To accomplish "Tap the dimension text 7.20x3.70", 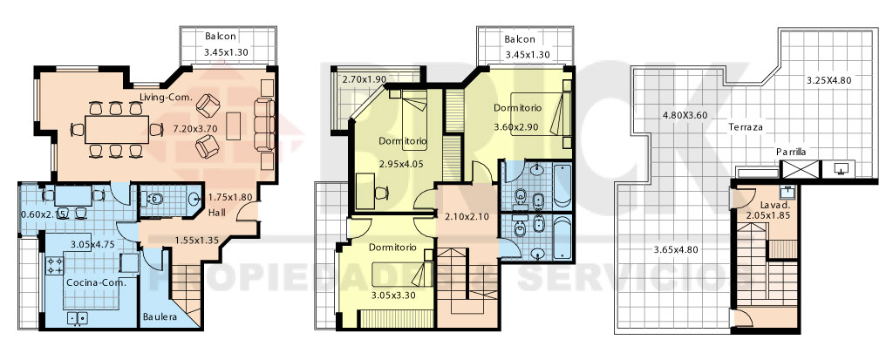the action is pyautogui.click(x=194, y=129).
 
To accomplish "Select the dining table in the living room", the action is pyautogui.click(x=117, y=129).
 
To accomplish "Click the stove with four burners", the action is pyautogui.click(x=55, y=264).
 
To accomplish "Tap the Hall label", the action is pyautogui.click(x=216, y=213).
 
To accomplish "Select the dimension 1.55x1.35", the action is pyautogui.click(x=196, y=241).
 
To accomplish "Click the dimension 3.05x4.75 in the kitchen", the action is pyautogui.click(x=92, y=244).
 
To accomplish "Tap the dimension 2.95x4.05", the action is pyautogui.click(x=402, y=165).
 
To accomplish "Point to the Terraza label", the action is pyautogui.click(x=745, y=127).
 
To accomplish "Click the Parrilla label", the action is pyautogui.click(x=790, y=152).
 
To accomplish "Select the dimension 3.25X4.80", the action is pyautogui.click(x=828, y=80).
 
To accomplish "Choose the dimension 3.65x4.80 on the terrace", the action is pyautogui.click(x=676, y=249).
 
